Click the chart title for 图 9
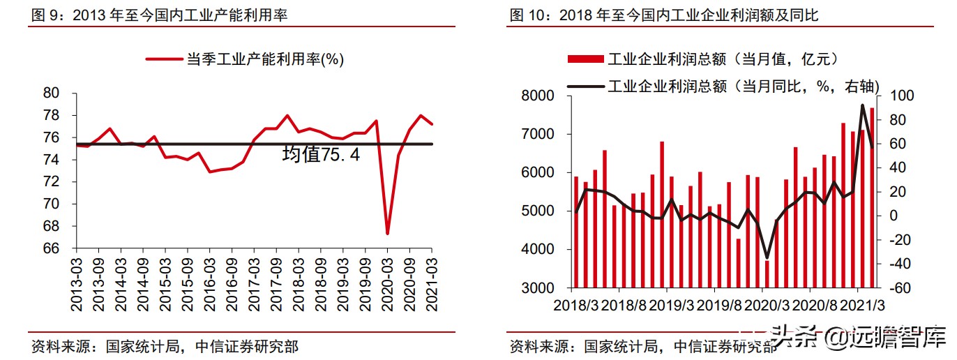point(159,15)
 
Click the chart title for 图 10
point(664,15)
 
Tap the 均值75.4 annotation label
point(321,155)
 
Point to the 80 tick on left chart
point(52,93)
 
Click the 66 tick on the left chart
point(52,248)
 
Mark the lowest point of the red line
point(387,234)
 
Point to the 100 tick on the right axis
point(895,96)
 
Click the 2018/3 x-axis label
point(575,305)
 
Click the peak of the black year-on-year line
point(863,105)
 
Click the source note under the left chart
point(165,346)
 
